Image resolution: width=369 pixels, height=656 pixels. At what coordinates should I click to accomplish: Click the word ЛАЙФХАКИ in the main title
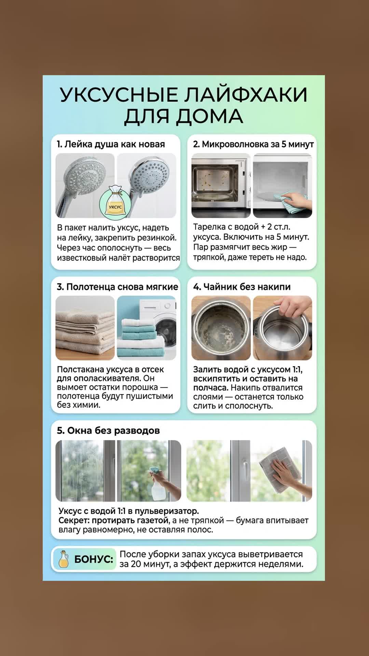click(246, 95)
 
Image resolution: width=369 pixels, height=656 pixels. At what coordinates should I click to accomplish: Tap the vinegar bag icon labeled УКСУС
click(115, 201)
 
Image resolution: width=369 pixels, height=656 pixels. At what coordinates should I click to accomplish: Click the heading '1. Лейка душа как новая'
click(111, 144)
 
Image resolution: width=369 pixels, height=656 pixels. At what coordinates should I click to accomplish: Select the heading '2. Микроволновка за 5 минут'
click(253, 144)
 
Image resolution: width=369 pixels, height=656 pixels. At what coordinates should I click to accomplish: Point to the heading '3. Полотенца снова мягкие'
click(118, 287)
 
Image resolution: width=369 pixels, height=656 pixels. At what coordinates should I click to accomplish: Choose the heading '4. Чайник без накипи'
click(242, 287)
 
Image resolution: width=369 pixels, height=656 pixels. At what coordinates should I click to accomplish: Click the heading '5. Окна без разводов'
click(108, 430)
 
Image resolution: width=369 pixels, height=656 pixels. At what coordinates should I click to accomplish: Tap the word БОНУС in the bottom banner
click(93, 559)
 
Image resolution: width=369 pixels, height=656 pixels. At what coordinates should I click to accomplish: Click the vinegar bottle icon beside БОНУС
click(64, 559)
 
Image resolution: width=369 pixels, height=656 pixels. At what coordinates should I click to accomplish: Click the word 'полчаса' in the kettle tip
click(210, 388)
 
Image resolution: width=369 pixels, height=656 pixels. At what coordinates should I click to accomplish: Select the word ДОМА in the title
click(209, 117)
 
